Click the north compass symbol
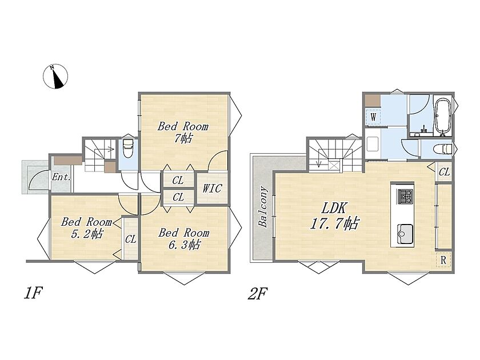(x=55, y=77)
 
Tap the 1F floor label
(x=33, y=293)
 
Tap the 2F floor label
(x=257, y=294)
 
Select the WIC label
(x=211, y=188)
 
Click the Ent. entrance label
(x=62, y=177)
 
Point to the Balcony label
(x=263, y=207)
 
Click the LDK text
(x=334, y=208)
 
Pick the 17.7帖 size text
(x=334, y=224)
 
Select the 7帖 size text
(x=183, y=138)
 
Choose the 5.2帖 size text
(x=87, y=234)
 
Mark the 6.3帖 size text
(x=184, y=245)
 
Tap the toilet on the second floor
(x=443, y=149)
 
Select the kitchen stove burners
(x=405, y=196)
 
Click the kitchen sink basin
(x=405, y=234)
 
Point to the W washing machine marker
(x=373, y=117)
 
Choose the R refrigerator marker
(x=443, y=260)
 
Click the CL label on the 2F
(x=444, y=172)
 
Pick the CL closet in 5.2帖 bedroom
(x=130, y=239)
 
